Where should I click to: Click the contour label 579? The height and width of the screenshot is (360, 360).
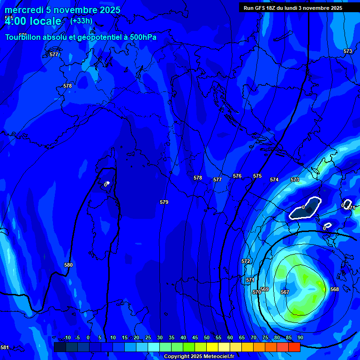(164, 202)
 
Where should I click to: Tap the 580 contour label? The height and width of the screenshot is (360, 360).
(68, 265)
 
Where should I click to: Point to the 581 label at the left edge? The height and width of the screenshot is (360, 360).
(4, 347)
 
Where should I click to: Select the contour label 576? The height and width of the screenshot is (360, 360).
(237, 176)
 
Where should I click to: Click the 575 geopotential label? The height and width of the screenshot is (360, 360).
(257, 176)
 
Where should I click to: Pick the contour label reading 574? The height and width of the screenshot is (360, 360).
(274, 180)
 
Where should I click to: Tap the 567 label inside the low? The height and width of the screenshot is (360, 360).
(285, 292)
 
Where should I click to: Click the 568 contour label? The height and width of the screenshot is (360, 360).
(334, 289)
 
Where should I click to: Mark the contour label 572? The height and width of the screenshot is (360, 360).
(246, 261)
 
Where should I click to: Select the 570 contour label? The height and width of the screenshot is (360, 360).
(256, 292)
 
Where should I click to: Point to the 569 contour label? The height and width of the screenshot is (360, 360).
(264, 289)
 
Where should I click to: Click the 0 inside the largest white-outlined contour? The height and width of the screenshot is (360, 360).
(303, 207)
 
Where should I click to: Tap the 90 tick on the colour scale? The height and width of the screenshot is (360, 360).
(300, 337)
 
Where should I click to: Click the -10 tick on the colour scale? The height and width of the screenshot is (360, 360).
(67, 337)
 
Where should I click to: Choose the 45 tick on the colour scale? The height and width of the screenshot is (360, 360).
(195, 337)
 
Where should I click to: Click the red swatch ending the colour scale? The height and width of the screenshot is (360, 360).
(294, 347)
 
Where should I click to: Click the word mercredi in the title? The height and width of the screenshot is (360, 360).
(23, 10)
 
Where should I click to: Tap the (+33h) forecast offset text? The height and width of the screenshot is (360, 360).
(81, 21)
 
